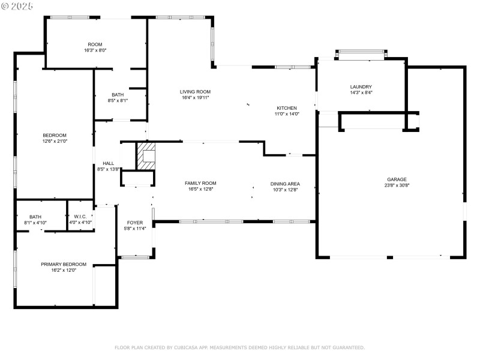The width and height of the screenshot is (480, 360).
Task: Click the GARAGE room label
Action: coord(397,179)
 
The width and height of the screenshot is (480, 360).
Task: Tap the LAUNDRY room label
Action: coord(361,87)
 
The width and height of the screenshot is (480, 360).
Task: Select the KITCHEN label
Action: coord(286,108)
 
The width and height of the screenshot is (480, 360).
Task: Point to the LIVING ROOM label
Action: coord(195,92)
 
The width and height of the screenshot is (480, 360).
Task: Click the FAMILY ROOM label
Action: coord(200,183)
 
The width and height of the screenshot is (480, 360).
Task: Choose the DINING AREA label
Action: coord(284,184)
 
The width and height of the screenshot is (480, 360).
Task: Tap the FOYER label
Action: coord(134,223)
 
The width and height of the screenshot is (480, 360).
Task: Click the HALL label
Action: coord(108,163)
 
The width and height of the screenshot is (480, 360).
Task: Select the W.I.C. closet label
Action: coord(80,217)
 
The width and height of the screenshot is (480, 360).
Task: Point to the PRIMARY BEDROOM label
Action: coord(64,264)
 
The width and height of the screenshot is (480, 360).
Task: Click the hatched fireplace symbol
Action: coord(146,157)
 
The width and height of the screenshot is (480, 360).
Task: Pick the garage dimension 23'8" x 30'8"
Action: coord(397,185)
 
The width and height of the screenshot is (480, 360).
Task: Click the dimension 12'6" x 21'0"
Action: coord(54,141)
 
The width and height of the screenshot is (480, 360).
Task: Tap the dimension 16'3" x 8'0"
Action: coord(95,50)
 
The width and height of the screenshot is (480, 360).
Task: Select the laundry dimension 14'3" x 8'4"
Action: coord(361,93)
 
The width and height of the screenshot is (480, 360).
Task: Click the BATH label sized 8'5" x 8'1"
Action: coord(118,95)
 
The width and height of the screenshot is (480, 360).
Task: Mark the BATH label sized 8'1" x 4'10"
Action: coord(35,217)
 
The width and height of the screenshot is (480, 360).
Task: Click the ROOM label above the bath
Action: coord(95,44)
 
